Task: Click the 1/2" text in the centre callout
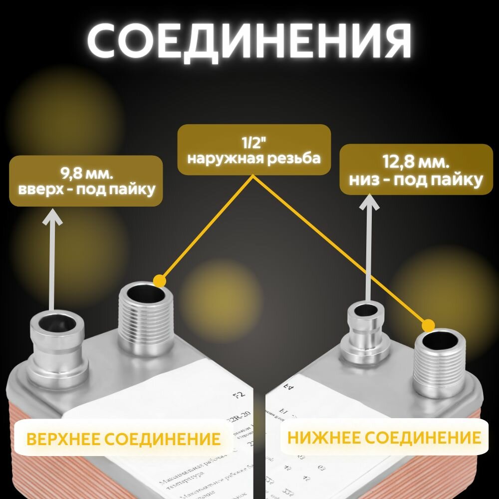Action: (254, 143)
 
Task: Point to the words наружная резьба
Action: (254, 158)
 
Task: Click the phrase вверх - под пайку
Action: (86, 190)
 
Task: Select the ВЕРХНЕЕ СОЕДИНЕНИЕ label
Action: (123, 439)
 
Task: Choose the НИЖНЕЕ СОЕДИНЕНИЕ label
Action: (384, 438)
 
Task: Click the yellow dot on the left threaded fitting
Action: (160, 280)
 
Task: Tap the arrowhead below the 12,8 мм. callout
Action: (369, 203)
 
